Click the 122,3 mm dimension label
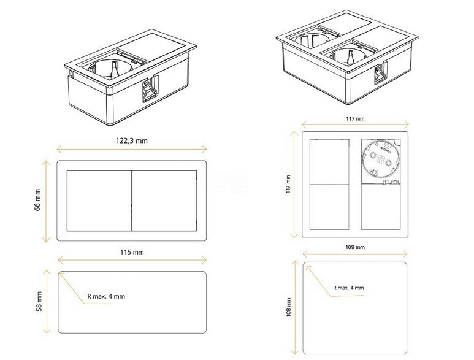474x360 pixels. pyautogui.click(x=132, y=140)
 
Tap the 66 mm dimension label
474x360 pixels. pyautogui.click(x=37, y=200)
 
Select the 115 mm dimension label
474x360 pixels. pyautogui.click(x=132, y=252)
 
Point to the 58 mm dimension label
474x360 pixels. pyautogui.click(x=39, y=301)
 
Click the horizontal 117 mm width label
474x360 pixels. pyautogui.click(x=355, y=119)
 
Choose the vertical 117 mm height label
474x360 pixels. pyautogui.click(x=288, y=184)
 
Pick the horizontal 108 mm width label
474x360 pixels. pyautogui.click(x=355, y=247)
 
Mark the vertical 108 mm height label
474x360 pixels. pyautogui.click(x=289, y=307)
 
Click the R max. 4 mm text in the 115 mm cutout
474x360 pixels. pyautogui.click(x=106, y=296)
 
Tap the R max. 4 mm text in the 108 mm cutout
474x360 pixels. pyautogui.click(x=348, y=288)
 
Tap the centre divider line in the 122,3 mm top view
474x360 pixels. pyautogui.click(x=131, y=201)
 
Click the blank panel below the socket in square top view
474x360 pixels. pyautogui.click(x=381, y=207)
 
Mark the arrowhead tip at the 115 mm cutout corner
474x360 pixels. pyautogui.click(x=59, y=273)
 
